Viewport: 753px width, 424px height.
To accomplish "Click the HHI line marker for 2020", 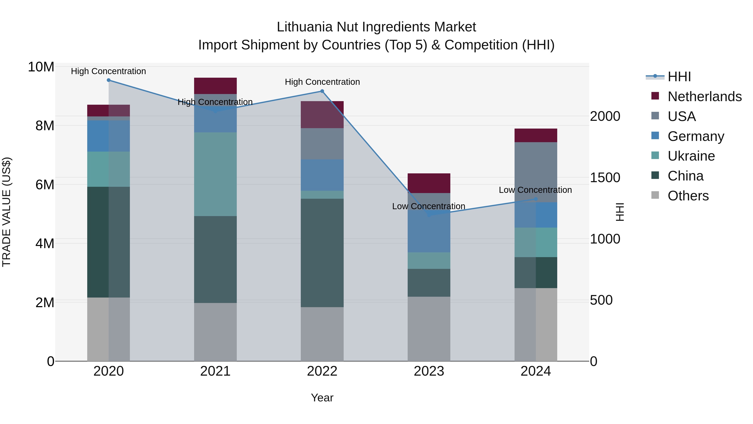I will point(108,80).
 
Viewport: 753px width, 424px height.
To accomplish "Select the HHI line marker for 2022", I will point(322,91).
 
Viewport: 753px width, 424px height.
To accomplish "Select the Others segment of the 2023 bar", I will point(429,329).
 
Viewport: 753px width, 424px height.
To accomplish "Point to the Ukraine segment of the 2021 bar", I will point(215,174).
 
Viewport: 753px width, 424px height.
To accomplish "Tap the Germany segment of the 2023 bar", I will point(429,231).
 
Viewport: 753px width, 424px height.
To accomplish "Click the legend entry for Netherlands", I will point(704,97).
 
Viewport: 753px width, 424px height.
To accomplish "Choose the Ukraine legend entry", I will point(691,156).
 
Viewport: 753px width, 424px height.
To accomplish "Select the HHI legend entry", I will point(679,77).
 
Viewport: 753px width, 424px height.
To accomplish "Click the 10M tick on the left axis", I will point(41,67).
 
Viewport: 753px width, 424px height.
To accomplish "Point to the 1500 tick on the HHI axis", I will point(605,178).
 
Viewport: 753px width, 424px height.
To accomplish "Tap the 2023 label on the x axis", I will point(429,371).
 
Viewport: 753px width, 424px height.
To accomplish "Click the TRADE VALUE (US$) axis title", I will point(7,212).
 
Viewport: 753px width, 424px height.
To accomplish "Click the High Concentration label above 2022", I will point(322,82).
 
